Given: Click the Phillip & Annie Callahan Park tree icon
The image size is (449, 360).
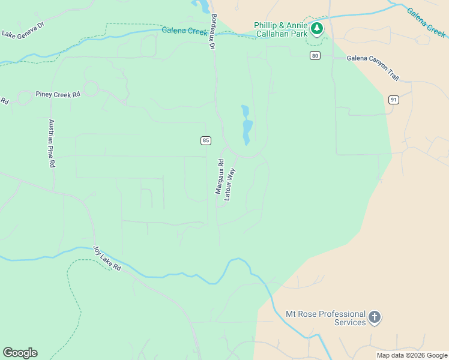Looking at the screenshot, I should [x=316, y=28].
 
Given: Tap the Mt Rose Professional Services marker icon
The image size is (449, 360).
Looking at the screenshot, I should [x=375, y=317].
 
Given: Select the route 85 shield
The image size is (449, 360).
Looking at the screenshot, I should [x=206, y=140].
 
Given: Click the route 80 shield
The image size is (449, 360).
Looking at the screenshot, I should [x=315, y=56].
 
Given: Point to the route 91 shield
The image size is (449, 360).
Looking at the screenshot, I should [x=393, y=100].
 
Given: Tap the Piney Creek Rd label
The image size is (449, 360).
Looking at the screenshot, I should [x=58, y=95].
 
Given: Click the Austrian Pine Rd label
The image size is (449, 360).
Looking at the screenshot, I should [x=52, y=143].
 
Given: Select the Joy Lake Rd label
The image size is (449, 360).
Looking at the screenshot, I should [x=107, y=258].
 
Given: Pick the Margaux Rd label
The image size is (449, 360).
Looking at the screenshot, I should [x=220, y=176].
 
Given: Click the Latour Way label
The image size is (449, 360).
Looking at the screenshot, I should [x=230, y=184].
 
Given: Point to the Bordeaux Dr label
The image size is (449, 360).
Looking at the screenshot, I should [x=212, y=32].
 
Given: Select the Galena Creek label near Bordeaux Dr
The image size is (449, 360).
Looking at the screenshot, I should [x=184, y=32].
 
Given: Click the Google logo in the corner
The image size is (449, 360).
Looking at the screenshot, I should [x=20, y=353].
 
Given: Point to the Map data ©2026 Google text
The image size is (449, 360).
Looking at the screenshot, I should [x=412, y=355].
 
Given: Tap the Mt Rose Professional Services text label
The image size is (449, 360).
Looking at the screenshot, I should [x=325, y=318].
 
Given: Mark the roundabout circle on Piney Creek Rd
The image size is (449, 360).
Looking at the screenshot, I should [x=91, y=89].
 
